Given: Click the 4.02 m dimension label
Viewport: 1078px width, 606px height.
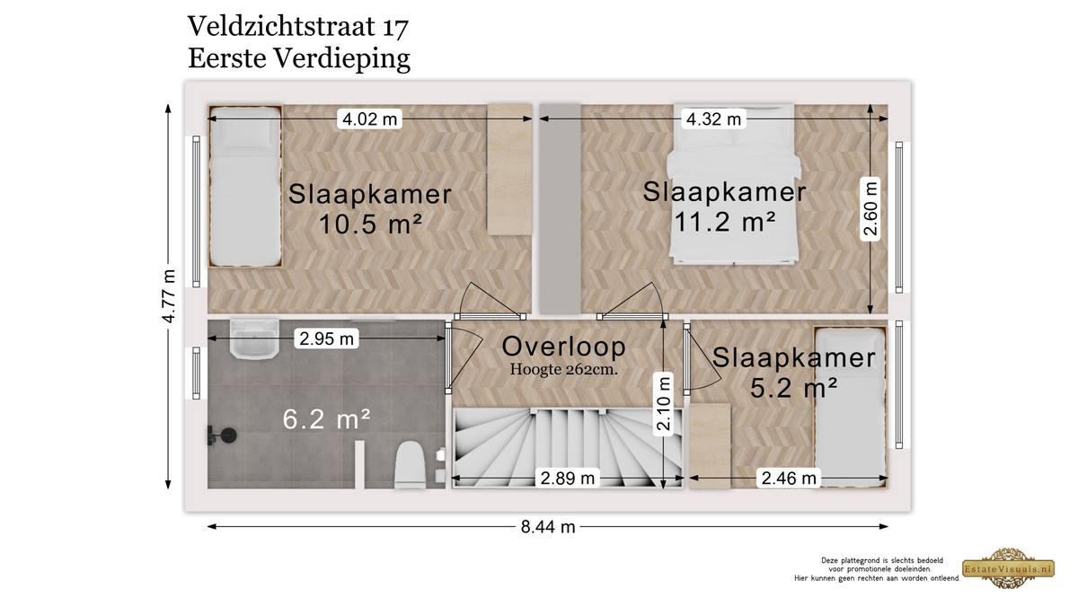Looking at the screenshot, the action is point(369,119).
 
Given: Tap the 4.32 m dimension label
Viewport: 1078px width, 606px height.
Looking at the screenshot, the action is point(713,119).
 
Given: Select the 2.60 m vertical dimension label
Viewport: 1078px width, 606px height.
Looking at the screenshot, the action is point(870,208).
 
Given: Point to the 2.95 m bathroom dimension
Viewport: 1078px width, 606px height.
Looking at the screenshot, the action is point(326,338).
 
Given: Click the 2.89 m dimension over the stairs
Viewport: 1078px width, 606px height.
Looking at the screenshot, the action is point(568,478).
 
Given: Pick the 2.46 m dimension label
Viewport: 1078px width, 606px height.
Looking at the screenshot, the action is point(789,478).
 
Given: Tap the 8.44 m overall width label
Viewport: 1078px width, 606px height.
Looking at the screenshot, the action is point(548,527).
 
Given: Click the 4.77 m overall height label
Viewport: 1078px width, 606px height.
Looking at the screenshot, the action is point(169,296).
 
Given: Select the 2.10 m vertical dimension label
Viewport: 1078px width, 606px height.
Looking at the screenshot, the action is point(663,404).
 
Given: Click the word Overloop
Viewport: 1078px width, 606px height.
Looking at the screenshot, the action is point(563,347).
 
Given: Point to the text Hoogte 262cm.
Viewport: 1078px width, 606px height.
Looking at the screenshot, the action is point(563,369).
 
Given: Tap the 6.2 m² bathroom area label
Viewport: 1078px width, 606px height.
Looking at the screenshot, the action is point(326,419).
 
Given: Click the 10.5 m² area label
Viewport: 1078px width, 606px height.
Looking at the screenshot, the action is point(370,224).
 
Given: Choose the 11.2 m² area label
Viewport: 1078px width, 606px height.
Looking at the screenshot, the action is point(725,221).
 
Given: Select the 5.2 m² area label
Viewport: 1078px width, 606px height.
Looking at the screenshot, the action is point(794,388).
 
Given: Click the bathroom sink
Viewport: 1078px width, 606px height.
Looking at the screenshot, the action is point(254,339).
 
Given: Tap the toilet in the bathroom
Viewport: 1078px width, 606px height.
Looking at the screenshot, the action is point(410,465).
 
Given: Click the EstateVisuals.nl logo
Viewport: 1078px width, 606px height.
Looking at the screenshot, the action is point(1008,568).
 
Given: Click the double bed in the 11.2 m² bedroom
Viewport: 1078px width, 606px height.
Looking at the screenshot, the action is point(733,184).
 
